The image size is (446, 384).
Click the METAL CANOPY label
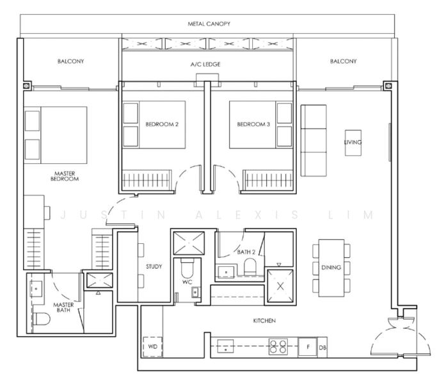click(x=209, y=24)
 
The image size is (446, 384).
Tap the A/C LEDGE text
click(x=205, y=64)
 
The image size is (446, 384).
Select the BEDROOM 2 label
click(x=162, y=124)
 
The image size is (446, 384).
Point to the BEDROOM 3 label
click(x=253, y=124)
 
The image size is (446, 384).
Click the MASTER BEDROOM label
click(x=65, y=176)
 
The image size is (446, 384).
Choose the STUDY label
click(x=154, y=266)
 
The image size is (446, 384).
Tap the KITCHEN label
click(x=264, y=321)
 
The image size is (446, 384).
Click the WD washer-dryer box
click(x=152, y=347)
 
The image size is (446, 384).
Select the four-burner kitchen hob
click(x=278, y=347)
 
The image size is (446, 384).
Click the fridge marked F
click(x=308, y=347)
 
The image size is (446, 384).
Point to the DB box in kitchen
click(x=323, y=348)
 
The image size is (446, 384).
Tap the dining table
click(x=331, y=268)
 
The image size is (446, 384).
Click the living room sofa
click(x=314, y=141)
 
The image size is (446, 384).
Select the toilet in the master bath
click(x=42, y=319)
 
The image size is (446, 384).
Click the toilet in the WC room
click(x=187, y=268)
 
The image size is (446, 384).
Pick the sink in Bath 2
click(x=226, y=272)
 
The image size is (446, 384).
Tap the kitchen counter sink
click(x=225, y=346)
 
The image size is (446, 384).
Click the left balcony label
click(x=70, y=61)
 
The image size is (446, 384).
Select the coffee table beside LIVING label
click(x=353, y=143)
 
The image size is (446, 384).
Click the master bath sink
click(x=36, y=289)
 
